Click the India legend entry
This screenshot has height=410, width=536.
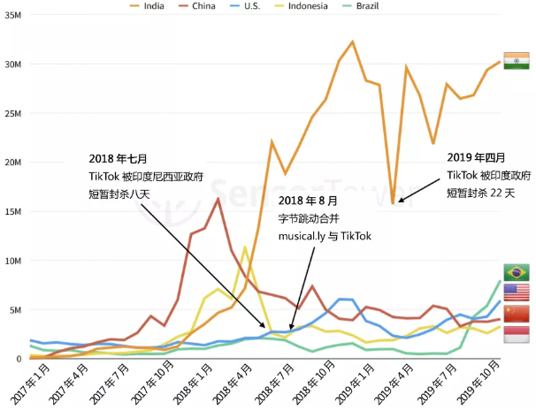pos(172,6)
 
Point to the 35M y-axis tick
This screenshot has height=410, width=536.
pos(12,16)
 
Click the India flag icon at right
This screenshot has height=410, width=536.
pos(516,59)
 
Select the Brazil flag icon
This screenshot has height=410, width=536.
pos(516,271)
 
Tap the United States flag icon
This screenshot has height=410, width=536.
pos(516,292)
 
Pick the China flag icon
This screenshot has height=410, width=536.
pos(516,314)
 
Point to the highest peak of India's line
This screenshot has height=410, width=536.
pos(353,42)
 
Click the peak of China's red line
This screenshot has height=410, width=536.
pos(218,199)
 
